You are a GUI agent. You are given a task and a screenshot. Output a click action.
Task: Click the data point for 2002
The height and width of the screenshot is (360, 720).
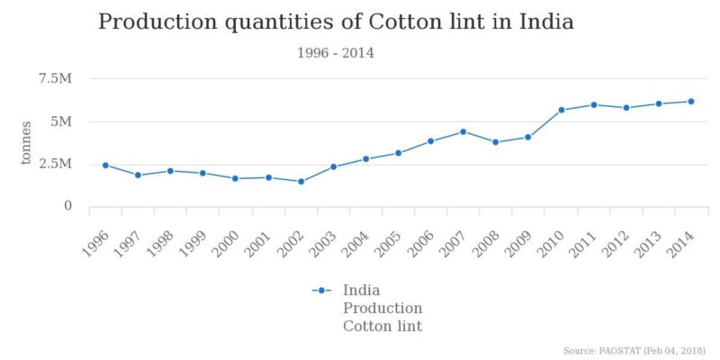301,182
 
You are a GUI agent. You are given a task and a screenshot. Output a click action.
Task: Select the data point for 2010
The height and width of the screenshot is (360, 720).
561,110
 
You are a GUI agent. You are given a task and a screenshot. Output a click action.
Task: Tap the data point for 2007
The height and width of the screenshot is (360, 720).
463,131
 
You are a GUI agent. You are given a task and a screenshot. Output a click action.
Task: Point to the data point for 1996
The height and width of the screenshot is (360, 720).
105,166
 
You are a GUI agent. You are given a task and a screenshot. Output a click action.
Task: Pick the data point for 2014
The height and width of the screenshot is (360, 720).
690,102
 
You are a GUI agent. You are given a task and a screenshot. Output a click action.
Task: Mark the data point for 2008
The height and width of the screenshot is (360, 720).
495,142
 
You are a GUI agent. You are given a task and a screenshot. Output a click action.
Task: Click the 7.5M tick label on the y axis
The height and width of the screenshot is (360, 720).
55,79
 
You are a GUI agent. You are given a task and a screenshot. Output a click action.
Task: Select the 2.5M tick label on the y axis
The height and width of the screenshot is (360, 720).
55,164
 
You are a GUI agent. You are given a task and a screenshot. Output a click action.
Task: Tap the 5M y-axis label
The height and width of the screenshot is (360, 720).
61,121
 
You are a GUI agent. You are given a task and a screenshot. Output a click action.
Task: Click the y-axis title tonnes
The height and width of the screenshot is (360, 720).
27,142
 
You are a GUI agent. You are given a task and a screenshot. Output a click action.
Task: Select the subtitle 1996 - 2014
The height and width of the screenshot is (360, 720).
335,53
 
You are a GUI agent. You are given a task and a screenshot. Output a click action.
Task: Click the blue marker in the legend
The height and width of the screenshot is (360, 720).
321,291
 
